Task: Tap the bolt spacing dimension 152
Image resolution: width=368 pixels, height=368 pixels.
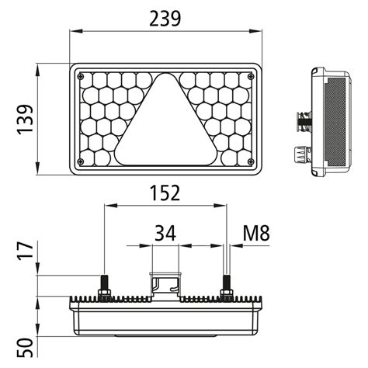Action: (164, 192)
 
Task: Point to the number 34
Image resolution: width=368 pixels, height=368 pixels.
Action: (164, 232)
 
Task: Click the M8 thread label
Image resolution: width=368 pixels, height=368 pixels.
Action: (255, 232)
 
